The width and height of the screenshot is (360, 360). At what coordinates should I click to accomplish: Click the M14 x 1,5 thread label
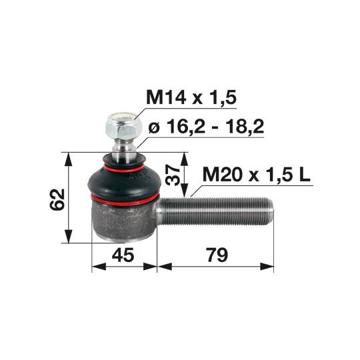coord(191,97)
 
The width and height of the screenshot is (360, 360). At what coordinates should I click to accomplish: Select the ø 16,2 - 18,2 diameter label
coord(206,127)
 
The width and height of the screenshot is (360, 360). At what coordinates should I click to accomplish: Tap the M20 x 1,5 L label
coord(256,175)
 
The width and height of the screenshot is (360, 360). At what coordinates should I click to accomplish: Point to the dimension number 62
coord(57,199)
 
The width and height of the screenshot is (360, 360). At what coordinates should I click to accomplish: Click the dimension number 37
coord(173,176)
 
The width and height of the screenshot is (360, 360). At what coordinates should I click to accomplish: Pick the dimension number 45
coord(123,255)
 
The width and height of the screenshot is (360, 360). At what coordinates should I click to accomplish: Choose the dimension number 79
coord(217,255)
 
